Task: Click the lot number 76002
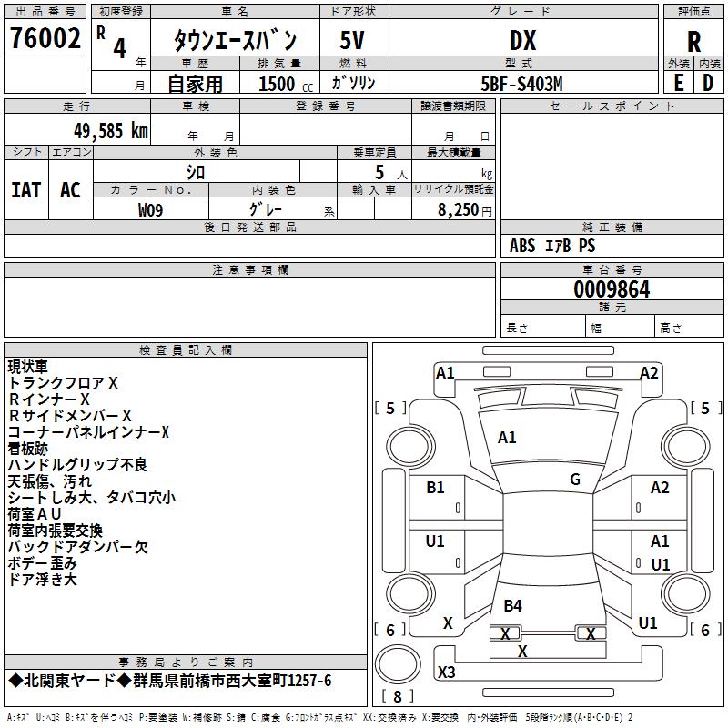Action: tap(45, 38)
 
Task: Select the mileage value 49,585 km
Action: tap(111, 131)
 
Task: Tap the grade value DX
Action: tap(522, 40)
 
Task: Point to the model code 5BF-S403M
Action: tap(521, 84)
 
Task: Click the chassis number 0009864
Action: tap(612, 289)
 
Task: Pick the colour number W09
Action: tap(150, 210)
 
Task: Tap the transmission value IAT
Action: tap(26, 190)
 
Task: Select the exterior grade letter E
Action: tap(679, 83)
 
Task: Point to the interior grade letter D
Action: tap(708, 83)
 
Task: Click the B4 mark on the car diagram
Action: tap(512, 605)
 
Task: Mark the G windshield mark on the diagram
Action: tap(575, 479)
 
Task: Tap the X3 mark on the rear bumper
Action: tap(446, 672)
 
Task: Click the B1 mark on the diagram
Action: tap(435, 488)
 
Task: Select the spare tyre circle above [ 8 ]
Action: tap(398, 664)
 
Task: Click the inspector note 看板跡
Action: tap(28, 449)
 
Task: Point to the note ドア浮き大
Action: tap(42, 579)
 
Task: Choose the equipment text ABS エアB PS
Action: tap(552, 246)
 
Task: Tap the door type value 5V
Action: tap(352, 40)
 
